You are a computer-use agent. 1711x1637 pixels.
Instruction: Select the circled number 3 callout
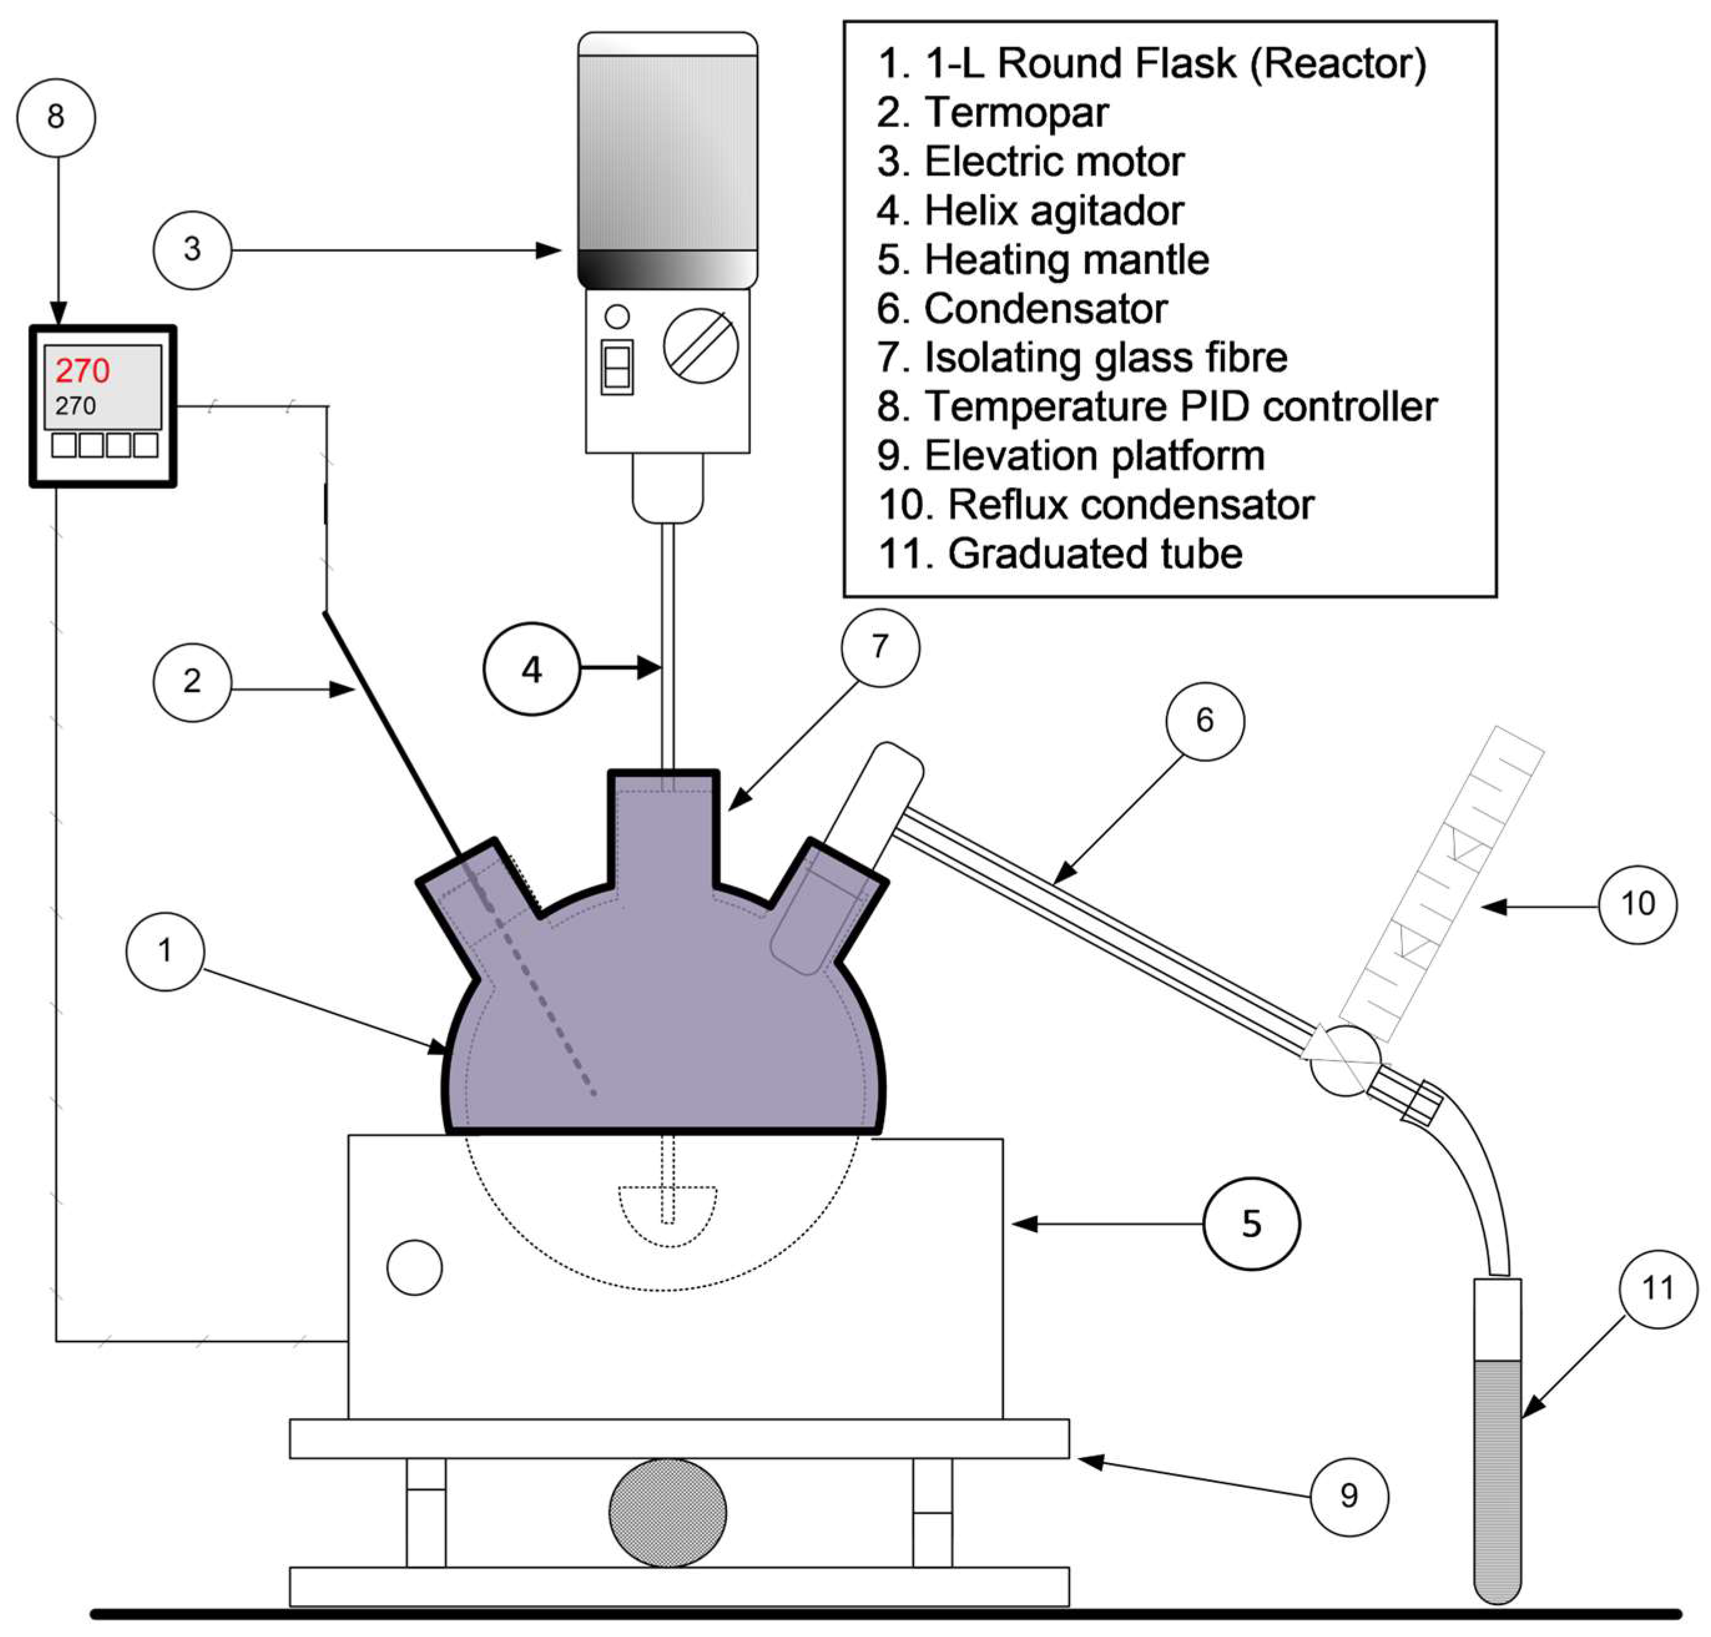(192, 249)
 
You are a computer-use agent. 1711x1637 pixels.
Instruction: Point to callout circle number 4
(531, 669)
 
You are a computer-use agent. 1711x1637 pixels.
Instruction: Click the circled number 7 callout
(879, 647)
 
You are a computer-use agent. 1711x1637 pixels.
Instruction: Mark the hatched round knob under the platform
(667, 1512)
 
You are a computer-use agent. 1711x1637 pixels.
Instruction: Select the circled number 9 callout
(1349, 1495)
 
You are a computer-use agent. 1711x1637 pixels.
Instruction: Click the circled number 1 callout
(165, 950)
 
